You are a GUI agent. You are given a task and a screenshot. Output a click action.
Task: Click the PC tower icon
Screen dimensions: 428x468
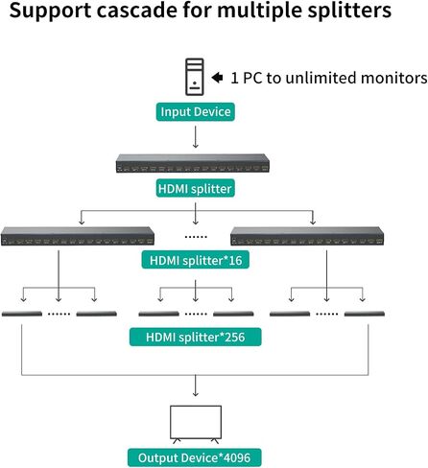[x=195, y=77]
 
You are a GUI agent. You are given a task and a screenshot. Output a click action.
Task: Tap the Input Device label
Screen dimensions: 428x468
[x=196, y=112]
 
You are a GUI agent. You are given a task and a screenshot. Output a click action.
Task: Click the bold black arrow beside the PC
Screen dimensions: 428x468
[x=217, y=78]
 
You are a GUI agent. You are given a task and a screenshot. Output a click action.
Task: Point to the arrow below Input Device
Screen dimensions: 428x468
[x=196, y=136]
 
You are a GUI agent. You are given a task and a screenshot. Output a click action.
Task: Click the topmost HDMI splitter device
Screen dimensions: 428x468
[x=193, y=163]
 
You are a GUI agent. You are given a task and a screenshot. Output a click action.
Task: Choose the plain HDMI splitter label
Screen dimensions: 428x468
[x=195, y=188]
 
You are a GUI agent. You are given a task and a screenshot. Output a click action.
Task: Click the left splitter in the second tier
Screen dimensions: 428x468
[x=78, y=236]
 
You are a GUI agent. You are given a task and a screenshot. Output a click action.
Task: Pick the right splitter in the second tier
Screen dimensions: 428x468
[x=307, y=236]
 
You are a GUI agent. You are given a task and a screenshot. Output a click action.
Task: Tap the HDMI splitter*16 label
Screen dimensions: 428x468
[x=196, y=260]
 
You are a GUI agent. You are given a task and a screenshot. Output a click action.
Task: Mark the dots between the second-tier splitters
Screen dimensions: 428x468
[x=196, y=237]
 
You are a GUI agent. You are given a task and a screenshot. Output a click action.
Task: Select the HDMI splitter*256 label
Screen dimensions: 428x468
[x=196, y=337]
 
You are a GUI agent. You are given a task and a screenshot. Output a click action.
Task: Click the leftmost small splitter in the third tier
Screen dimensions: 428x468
[x=22, y=314]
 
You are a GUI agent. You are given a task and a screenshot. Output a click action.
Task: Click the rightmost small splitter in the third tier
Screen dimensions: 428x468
[x=365, y=314]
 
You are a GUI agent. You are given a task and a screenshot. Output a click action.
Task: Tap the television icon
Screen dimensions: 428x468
[x=196, y=425]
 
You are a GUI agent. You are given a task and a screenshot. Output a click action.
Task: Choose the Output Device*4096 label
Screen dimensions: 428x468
[x=195, y=457]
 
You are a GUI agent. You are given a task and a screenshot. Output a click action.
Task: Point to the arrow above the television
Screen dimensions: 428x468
[x=196, y=386]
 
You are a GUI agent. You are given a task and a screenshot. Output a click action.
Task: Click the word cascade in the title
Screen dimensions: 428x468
[x=137, y=11]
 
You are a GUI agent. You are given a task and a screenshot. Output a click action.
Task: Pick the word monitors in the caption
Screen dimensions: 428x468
[x=393, y=78]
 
